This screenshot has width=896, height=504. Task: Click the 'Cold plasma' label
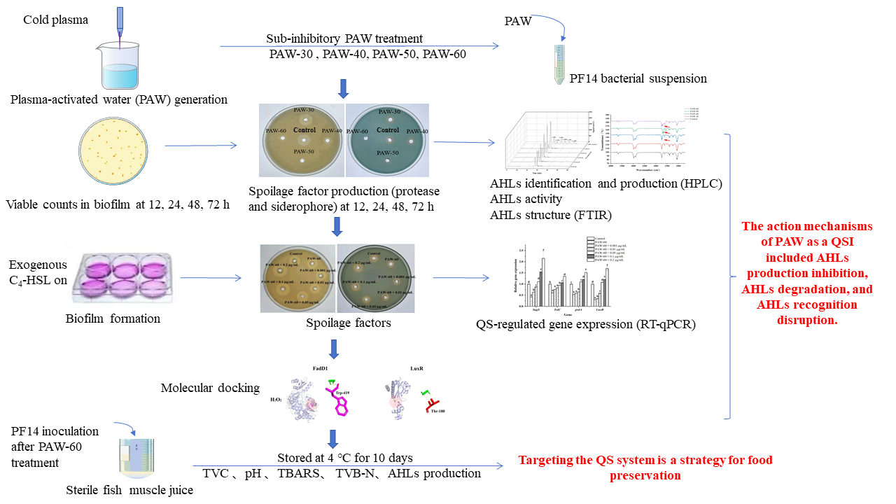(x=56, y=20)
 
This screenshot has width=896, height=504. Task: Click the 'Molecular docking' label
(x=210, y=388)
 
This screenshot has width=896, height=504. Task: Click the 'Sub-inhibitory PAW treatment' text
(x=344, y=38)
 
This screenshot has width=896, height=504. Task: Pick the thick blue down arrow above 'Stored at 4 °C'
(x=333, y=437)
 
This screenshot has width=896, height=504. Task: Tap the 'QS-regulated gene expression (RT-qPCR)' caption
(x=585, y=323)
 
